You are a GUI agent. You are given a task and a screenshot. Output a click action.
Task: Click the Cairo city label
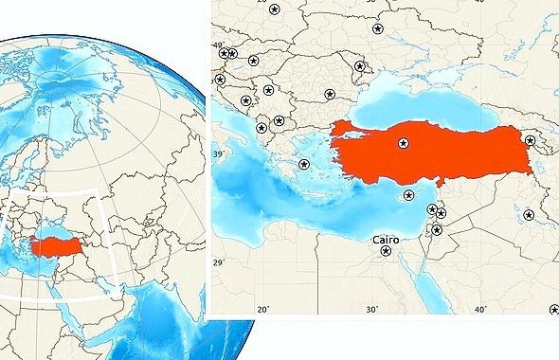pyautogui.click(x=391, y=239)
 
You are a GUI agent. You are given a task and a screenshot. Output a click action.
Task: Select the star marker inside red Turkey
pyautogui.click(x=403, y=143)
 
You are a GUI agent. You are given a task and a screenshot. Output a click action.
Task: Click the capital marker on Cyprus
pyautogui.click(x=408, y=196)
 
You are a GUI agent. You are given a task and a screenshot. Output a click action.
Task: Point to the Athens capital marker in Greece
pyautogui.click(x=303, y=164)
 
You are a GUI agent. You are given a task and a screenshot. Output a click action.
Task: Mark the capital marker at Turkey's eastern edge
pyautogui.click(x=530, y=140)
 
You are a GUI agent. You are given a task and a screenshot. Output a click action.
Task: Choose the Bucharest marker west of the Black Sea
pyautogui.click(x=330, y=94)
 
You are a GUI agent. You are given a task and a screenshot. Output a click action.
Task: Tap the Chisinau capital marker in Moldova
pyautogui.click(x=359, y=66)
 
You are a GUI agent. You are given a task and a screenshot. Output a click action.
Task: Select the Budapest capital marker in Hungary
pyautogui.click(x=253, y=61)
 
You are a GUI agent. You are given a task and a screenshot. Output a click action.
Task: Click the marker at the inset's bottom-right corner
pyautogui.click(x=554, y=309)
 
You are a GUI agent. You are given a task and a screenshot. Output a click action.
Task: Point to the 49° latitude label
pyautogui.click(x=217, y=45)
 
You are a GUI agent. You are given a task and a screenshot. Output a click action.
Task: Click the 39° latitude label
pyautogui.click(x=217, y=153)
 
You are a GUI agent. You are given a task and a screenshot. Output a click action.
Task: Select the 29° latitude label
pyautogui.click(x=217, y=262)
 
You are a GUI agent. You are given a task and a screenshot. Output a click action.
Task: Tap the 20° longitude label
pyautogui.click(x=263, y=309)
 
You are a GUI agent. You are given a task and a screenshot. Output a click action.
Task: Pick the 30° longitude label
pyautogui.click(x=371, y=309)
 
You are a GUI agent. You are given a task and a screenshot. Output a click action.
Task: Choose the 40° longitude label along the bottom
pyautogui.click(x=480, y=309)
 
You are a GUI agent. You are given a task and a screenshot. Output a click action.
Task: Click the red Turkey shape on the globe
pyautogui.click(x=59, y=245)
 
